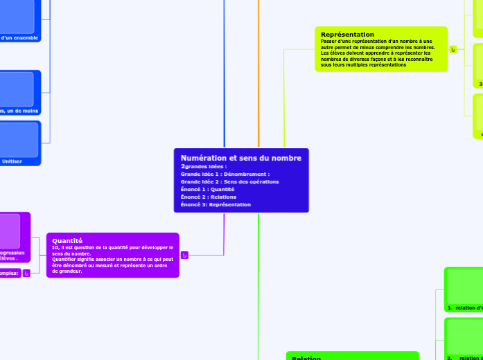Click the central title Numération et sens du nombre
[240, 159]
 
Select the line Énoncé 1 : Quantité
[207, 189]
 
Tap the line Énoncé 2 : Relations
[208, 197]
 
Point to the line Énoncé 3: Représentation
[216, 204]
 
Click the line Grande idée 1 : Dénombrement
[225, 174]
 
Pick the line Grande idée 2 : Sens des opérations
[229, 181]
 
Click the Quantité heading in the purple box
[67, 240]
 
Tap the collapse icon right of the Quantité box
[184, 255]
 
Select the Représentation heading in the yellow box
[347, 34]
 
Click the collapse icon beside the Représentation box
[453, 49]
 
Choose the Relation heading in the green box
[306, 357]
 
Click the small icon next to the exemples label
[26, 273]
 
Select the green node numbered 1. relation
[464, 307]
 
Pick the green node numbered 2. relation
[464, 357]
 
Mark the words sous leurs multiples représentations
[363, 64]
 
